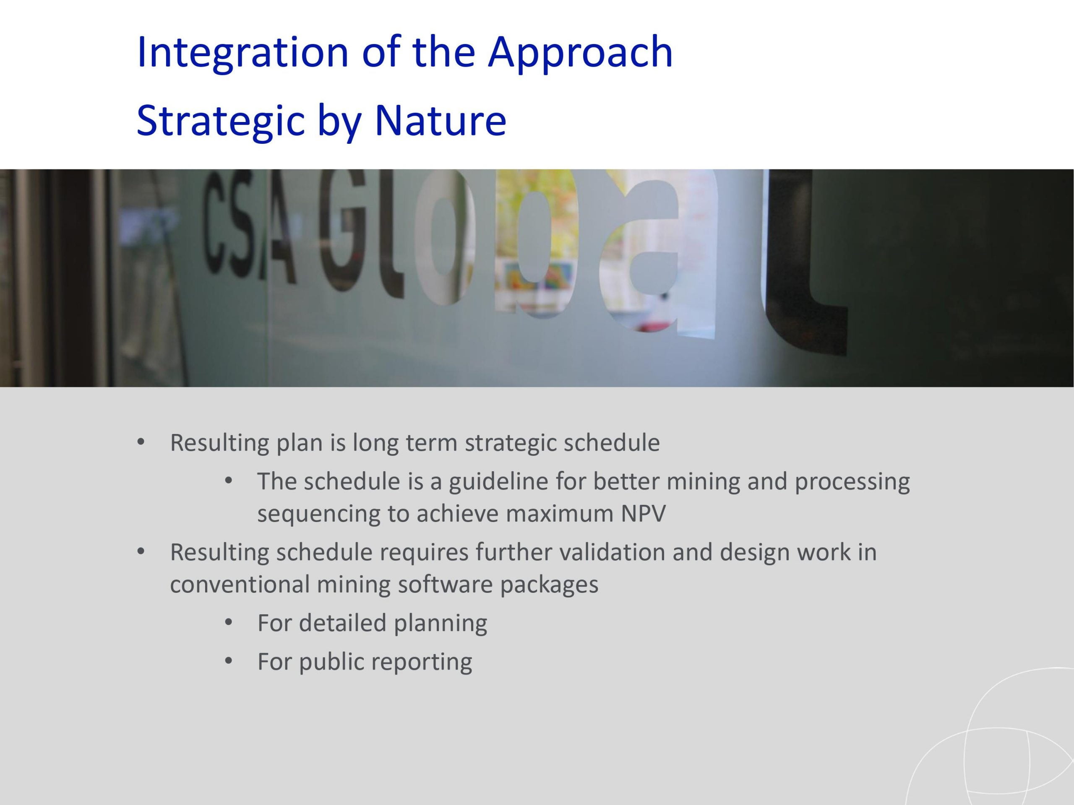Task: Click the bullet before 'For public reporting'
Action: pos(229,660)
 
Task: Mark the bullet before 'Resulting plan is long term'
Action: pos(141,442)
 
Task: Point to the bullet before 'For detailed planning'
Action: pos(229,622)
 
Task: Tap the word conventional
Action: pos(240,584)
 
